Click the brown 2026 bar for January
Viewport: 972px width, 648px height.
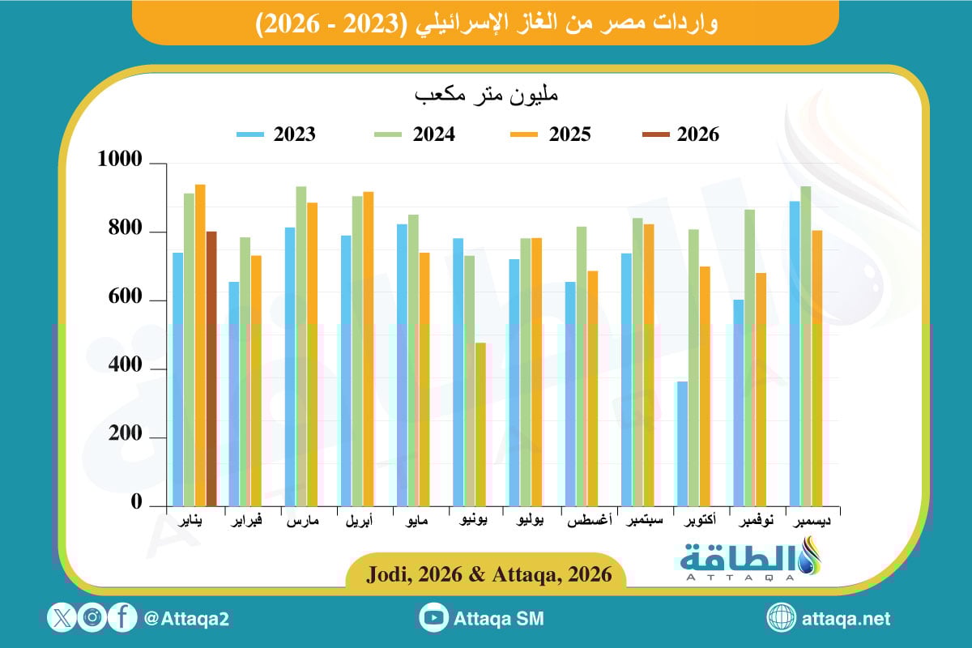[x=211, y=369]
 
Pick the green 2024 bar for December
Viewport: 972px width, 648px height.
[x=805, y=346]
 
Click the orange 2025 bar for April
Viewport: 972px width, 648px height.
[x=369, y=348]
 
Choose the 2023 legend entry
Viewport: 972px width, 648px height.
[x=276, y=134]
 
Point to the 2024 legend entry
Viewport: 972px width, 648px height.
[x=416, y=134]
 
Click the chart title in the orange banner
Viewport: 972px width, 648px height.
[x=485, y=23]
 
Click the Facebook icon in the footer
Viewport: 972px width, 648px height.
[x=122, y=618]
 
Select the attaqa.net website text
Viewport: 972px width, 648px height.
[x=846, y=619]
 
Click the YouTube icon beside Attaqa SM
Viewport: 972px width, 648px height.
[x=434, y=618]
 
